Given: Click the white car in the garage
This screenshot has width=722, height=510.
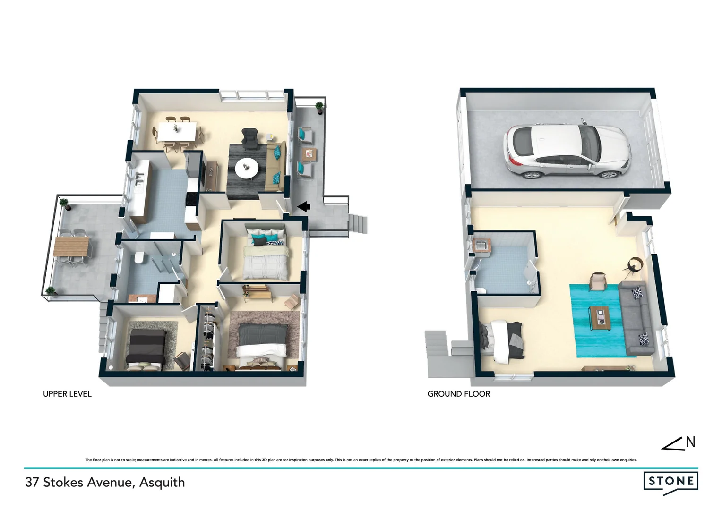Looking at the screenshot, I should pos(567,152).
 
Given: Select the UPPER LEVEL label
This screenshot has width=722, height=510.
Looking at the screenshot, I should pos(67,394).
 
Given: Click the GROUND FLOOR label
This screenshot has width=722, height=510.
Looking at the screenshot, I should pos(458,394).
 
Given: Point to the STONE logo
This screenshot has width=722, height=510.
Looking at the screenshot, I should pos(670,482).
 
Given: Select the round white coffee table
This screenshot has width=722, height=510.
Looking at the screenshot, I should pos(247,168).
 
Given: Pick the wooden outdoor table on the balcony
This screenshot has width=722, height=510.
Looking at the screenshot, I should pos(71,246).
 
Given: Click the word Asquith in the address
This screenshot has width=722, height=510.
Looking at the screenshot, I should pos(162,483).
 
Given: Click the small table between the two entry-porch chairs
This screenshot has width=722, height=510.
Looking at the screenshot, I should pos(309,153).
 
